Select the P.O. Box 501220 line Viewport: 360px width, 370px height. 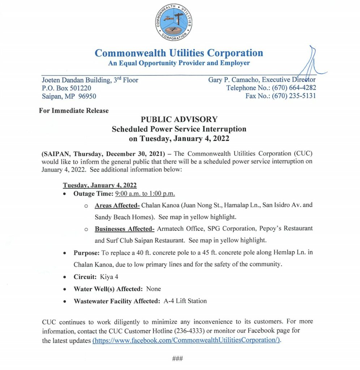[67, 88]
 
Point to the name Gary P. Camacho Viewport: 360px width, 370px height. [233, 79]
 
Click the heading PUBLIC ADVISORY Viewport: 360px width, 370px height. [179, 119]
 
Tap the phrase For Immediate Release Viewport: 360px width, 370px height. [74, 111]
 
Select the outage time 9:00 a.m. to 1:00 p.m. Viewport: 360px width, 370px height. [145, 194]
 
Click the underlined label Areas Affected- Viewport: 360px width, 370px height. [117, 205]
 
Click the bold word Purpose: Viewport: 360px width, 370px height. [85, 253]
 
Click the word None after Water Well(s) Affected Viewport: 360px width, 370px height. [154, 289]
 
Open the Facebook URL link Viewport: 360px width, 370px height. [187, 340]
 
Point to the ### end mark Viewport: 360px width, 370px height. [177, 358]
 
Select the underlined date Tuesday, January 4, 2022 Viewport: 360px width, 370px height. [100, 185]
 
